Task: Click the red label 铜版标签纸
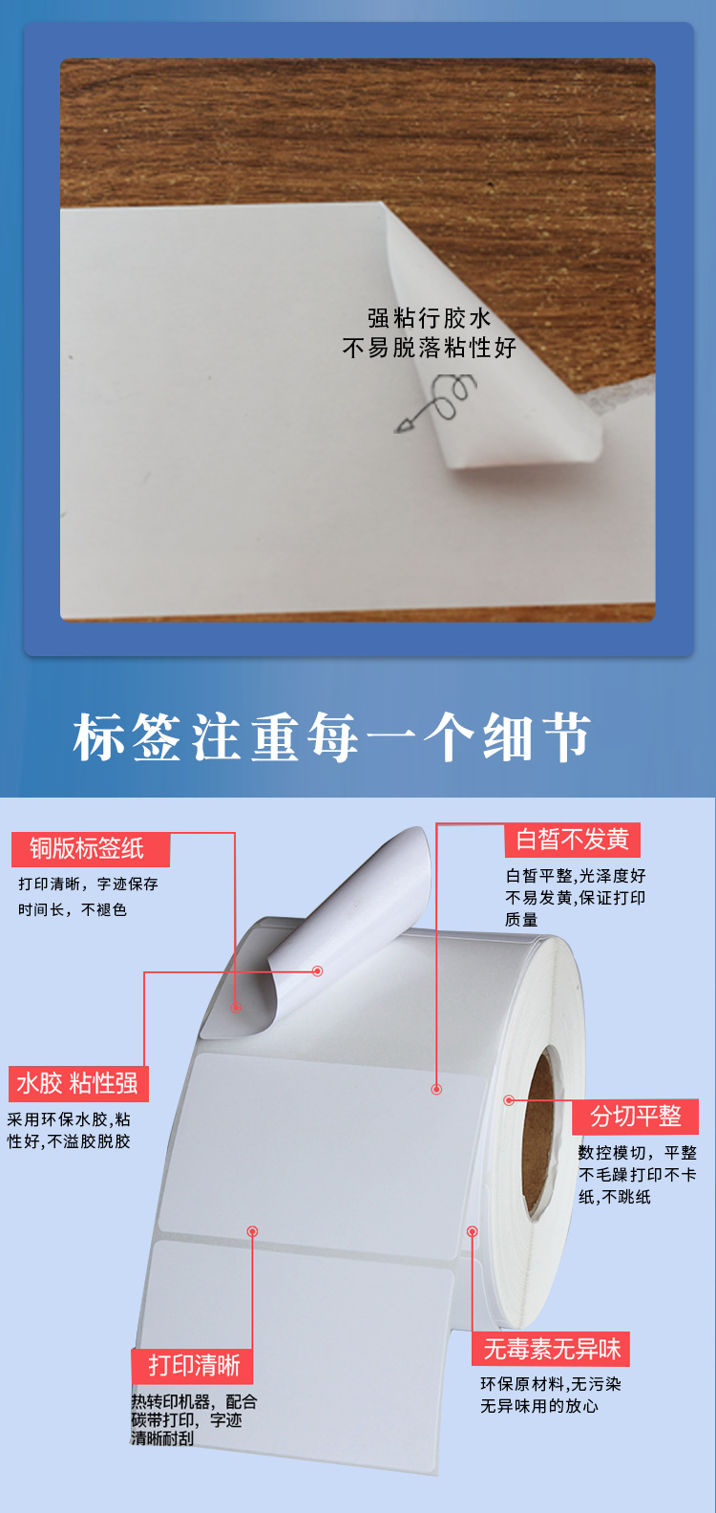point(89,848)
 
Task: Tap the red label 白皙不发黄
point(572,840)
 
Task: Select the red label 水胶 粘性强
point(77,1083)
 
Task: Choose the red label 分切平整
point(636,1116)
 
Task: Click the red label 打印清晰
point(194,1365)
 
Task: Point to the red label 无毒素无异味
point(552,1349)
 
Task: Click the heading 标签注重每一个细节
point(331,737)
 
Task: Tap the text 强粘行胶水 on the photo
point(429,318)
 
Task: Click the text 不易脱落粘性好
point(429,348)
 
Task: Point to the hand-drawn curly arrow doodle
point(439,401)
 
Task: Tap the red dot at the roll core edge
point(509,1100)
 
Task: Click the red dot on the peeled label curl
point(318,970)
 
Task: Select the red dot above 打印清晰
point(252,1231)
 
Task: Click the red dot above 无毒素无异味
point(472,1231)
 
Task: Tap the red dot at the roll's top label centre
point(436,1089)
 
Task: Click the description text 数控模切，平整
point(637,1153)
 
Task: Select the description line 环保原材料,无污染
point(550,1384)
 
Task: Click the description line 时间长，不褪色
point(73,909)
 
